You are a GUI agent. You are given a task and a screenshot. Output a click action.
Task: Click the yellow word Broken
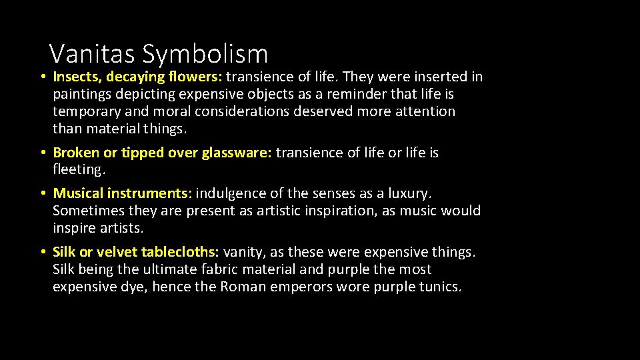[x=75, y=153]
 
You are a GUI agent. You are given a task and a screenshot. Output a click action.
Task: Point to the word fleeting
[x=79, y=169]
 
